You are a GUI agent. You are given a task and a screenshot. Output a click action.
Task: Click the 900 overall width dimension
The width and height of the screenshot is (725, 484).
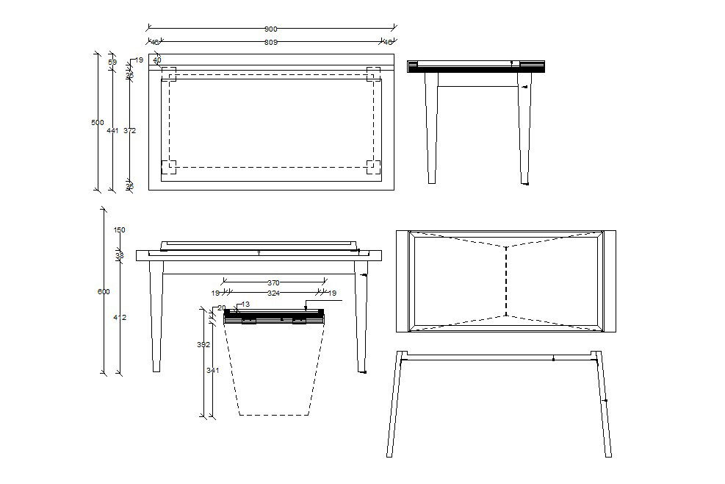271,29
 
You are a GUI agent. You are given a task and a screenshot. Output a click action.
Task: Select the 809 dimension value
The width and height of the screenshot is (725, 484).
271,43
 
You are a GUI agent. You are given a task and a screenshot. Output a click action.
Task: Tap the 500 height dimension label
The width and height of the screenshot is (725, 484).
97,123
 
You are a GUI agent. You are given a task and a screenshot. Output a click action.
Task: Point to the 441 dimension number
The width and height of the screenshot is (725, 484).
112,130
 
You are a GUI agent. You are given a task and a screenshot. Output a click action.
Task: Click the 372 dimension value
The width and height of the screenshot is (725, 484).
130,130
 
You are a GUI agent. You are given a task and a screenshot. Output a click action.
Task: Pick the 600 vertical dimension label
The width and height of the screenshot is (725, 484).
104,292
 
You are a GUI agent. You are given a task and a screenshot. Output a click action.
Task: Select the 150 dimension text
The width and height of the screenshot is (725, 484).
120,230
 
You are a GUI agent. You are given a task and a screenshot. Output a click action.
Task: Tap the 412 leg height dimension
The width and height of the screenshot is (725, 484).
120,318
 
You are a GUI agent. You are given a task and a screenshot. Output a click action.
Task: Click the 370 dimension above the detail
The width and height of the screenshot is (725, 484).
273,282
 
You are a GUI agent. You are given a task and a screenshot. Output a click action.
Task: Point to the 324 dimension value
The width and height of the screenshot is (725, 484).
273,293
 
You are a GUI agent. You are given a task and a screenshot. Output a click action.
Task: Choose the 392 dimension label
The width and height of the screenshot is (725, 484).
203,344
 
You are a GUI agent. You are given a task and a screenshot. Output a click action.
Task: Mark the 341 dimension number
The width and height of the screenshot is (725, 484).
213,371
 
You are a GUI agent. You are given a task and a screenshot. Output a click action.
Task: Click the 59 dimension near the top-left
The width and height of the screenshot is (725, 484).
112,63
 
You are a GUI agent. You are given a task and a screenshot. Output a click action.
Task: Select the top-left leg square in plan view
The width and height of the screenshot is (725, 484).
169,74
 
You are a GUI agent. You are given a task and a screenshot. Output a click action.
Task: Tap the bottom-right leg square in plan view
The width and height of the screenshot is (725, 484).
373,167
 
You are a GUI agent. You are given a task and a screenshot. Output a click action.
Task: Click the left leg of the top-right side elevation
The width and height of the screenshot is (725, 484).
432,129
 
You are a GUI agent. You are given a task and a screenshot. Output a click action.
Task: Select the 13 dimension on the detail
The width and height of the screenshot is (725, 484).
245,305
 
